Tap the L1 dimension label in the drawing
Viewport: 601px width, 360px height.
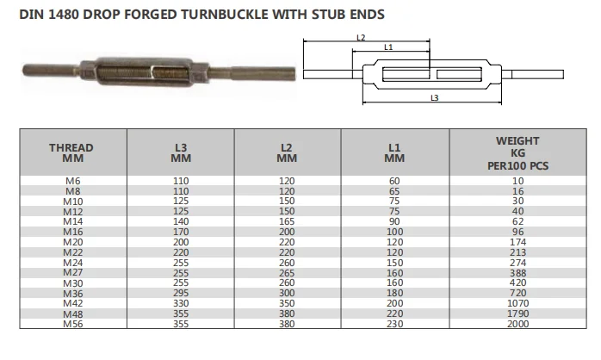point(388,47)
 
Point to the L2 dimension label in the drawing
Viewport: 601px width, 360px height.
point(361,38)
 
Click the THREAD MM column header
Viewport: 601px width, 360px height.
point(71,153)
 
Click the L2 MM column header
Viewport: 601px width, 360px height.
point(288,153)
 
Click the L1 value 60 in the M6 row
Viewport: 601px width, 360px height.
point(395,181)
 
